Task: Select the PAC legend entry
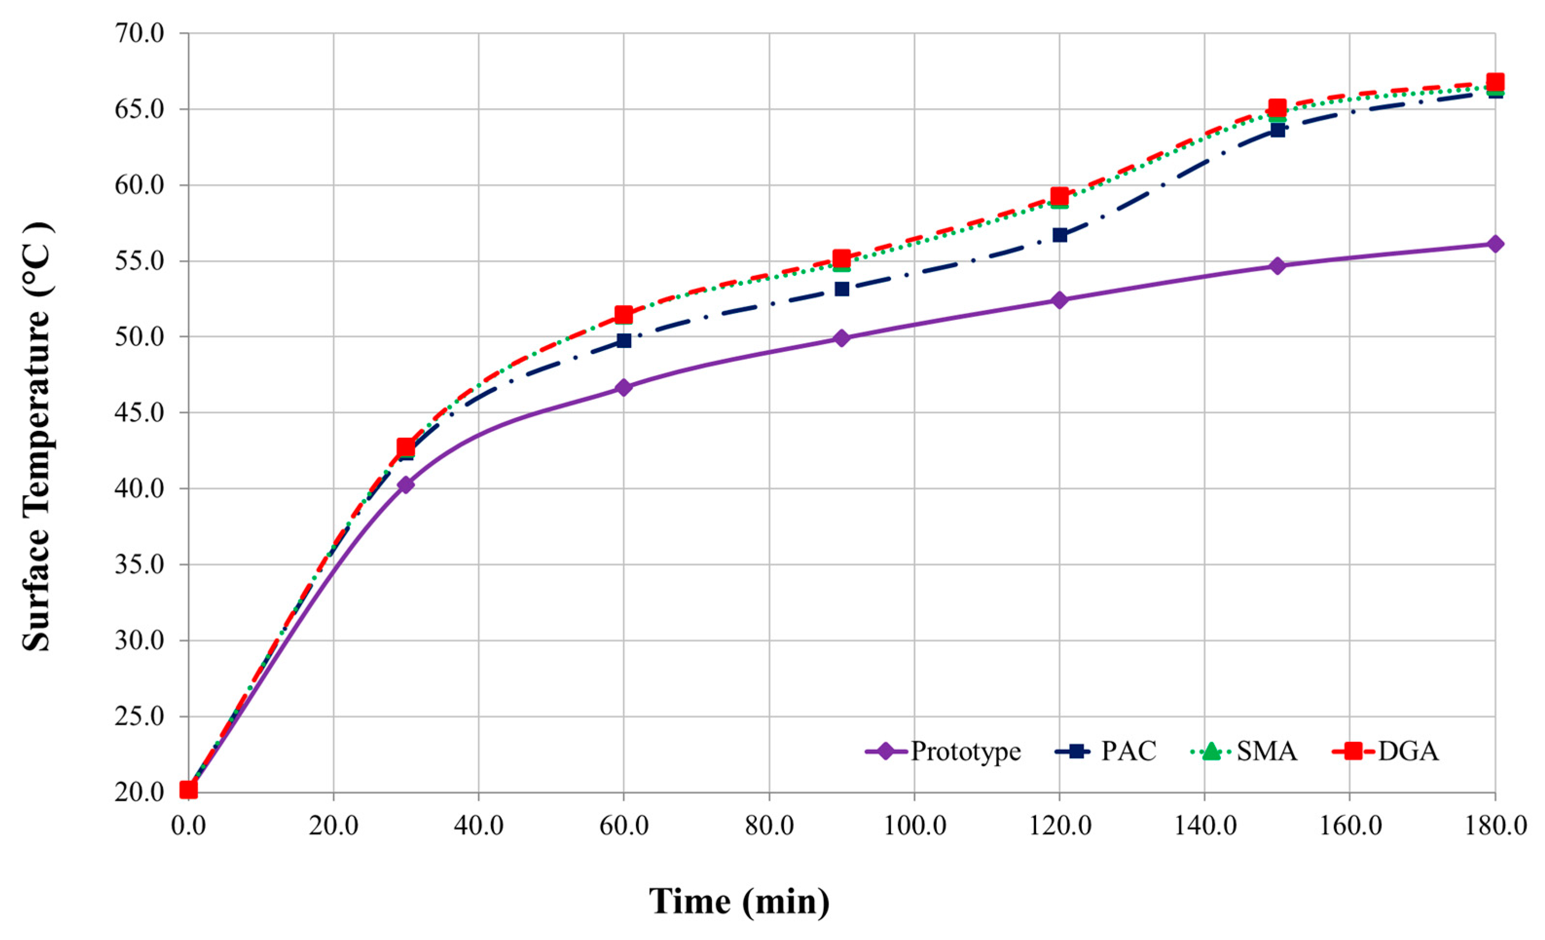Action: coord(1107,751)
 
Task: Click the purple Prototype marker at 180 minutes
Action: coord(1495,244)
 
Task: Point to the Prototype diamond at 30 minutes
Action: coord(406,485)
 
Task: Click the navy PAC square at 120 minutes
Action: coord(1060,235)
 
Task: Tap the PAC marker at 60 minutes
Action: coord(624,340)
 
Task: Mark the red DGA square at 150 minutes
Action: coord(1277,107)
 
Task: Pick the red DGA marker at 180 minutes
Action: coord(1495,82)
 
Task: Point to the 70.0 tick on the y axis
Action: coord(139,33)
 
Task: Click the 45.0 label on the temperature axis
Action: coord(139,413)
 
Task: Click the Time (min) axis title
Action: coord(739,902)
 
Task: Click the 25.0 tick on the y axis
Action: coord(139,716)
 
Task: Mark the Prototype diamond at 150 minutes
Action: coord(1277,266)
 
